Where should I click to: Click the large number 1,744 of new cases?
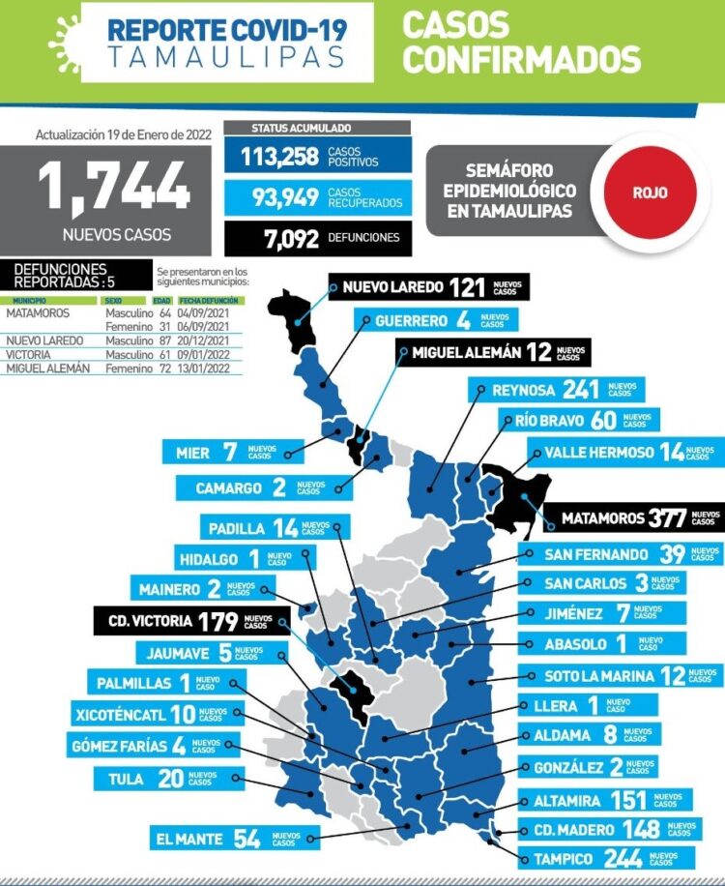pos(113,187)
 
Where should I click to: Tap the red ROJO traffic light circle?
pos(650,192)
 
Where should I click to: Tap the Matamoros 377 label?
pos(633,517)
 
